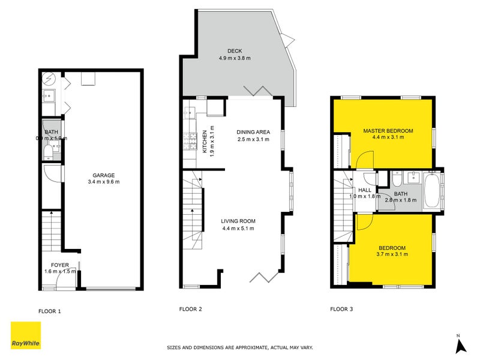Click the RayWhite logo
pyautogui.click(x=26, y=335)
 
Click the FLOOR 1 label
pyautogui.click(x=50, y=311)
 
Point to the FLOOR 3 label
pyautogui.click(x=342, y=310)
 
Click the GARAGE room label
pyautogui.click(x=103, y=176)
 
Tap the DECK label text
pyautogui.click(x=234, y=52)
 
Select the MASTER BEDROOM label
pyautogui.click(x=388, y=130)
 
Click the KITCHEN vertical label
pyautogui.click(x=205, y=142)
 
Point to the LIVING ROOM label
pyautogui.click(x=238, y=221)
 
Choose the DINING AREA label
pyautogui.click(x=253, y=132)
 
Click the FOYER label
pyautogui.click(x=59, y=265)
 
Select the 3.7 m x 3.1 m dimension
pyautogui.click(x=392, y=254)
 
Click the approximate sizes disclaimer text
pyautogui.click(x=239, y=347)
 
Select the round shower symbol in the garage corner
pyautogui.click(x=49, y=79)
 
